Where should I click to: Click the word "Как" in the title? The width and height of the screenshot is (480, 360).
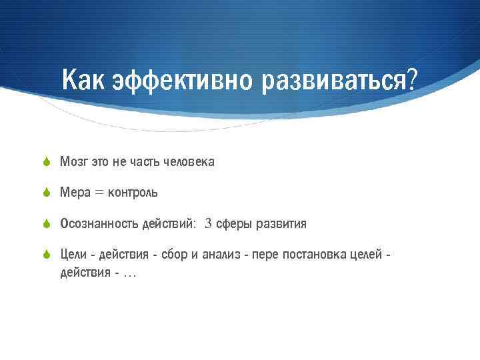coord(84,81)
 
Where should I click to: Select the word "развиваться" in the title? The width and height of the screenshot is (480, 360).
coord(334,81)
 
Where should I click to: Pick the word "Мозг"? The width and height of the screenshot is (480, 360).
coord(74,162)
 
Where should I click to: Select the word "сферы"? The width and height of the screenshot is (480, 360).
coord(233,224)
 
